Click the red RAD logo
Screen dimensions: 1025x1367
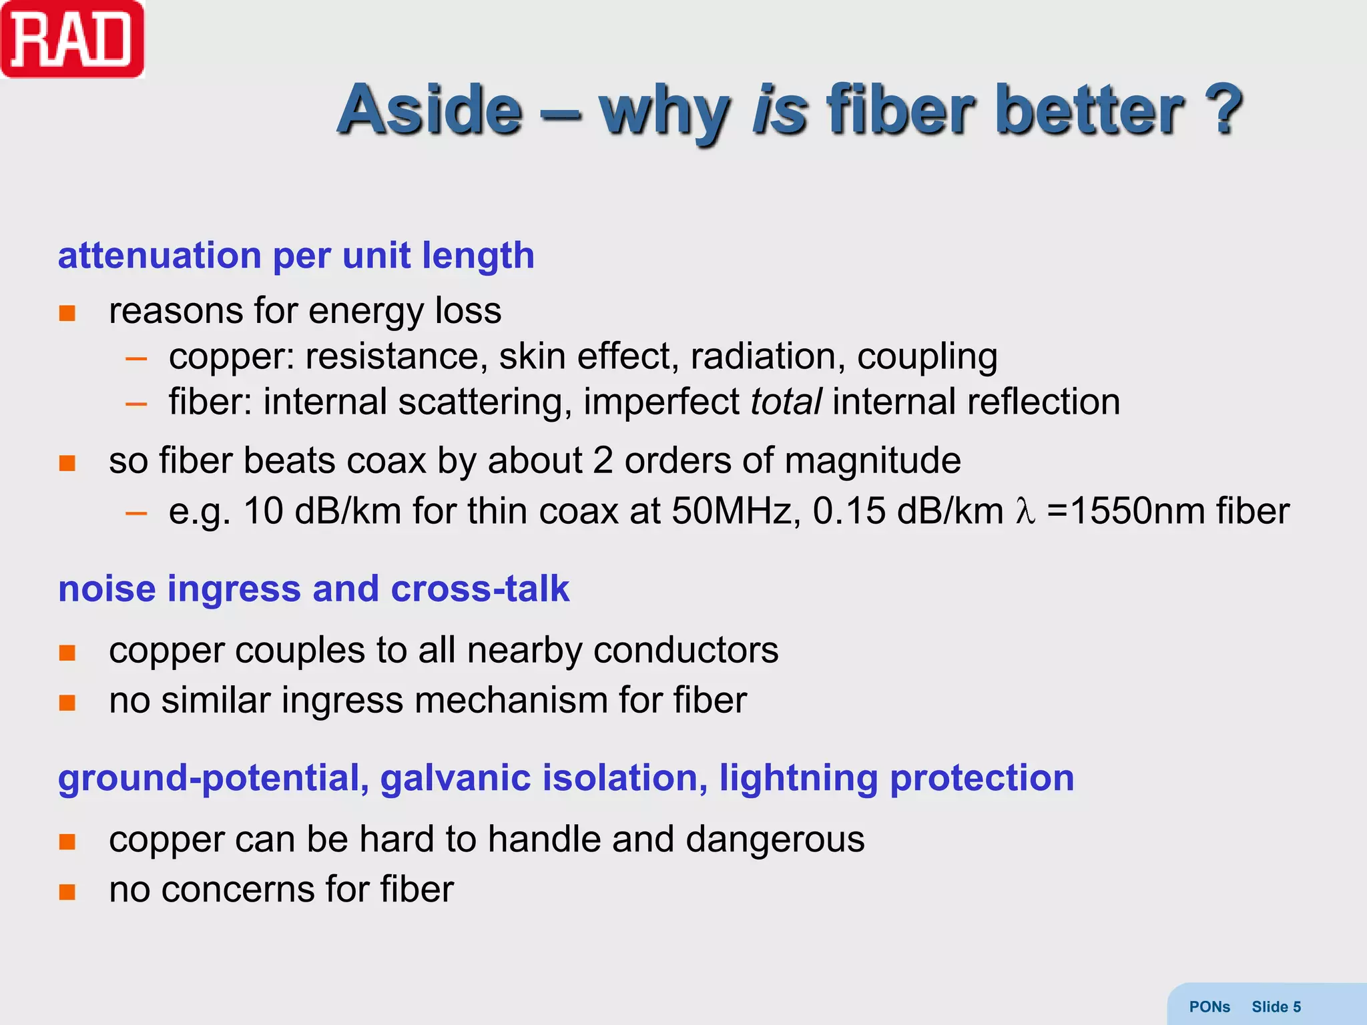[x=72, y=40]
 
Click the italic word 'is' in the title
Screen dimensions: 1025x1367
[x=780, y=110]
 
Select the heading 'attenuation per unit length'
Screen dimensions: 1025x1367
[x=296, y=256]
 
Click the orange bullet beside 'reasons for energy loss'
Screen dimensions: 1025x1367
[x=67, y=313]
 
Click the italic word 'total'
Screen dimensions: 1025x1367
[x=786, y=402]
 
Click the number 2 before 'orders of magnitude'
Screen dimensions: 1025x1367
[x=603, y=460]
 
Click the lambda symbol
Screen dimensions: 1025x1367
[x=1025, y=512]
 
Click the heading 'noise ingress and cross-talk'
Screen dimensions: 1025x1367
[x=314, y=589]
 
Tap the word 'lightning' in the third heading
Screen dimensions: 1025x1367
[x=798, y=778]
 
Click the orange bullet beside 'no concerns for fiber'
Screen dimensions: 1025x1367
[x=67, y=892]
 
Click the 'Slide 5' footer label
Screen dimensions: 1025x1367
[x=1276, y=1007]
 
